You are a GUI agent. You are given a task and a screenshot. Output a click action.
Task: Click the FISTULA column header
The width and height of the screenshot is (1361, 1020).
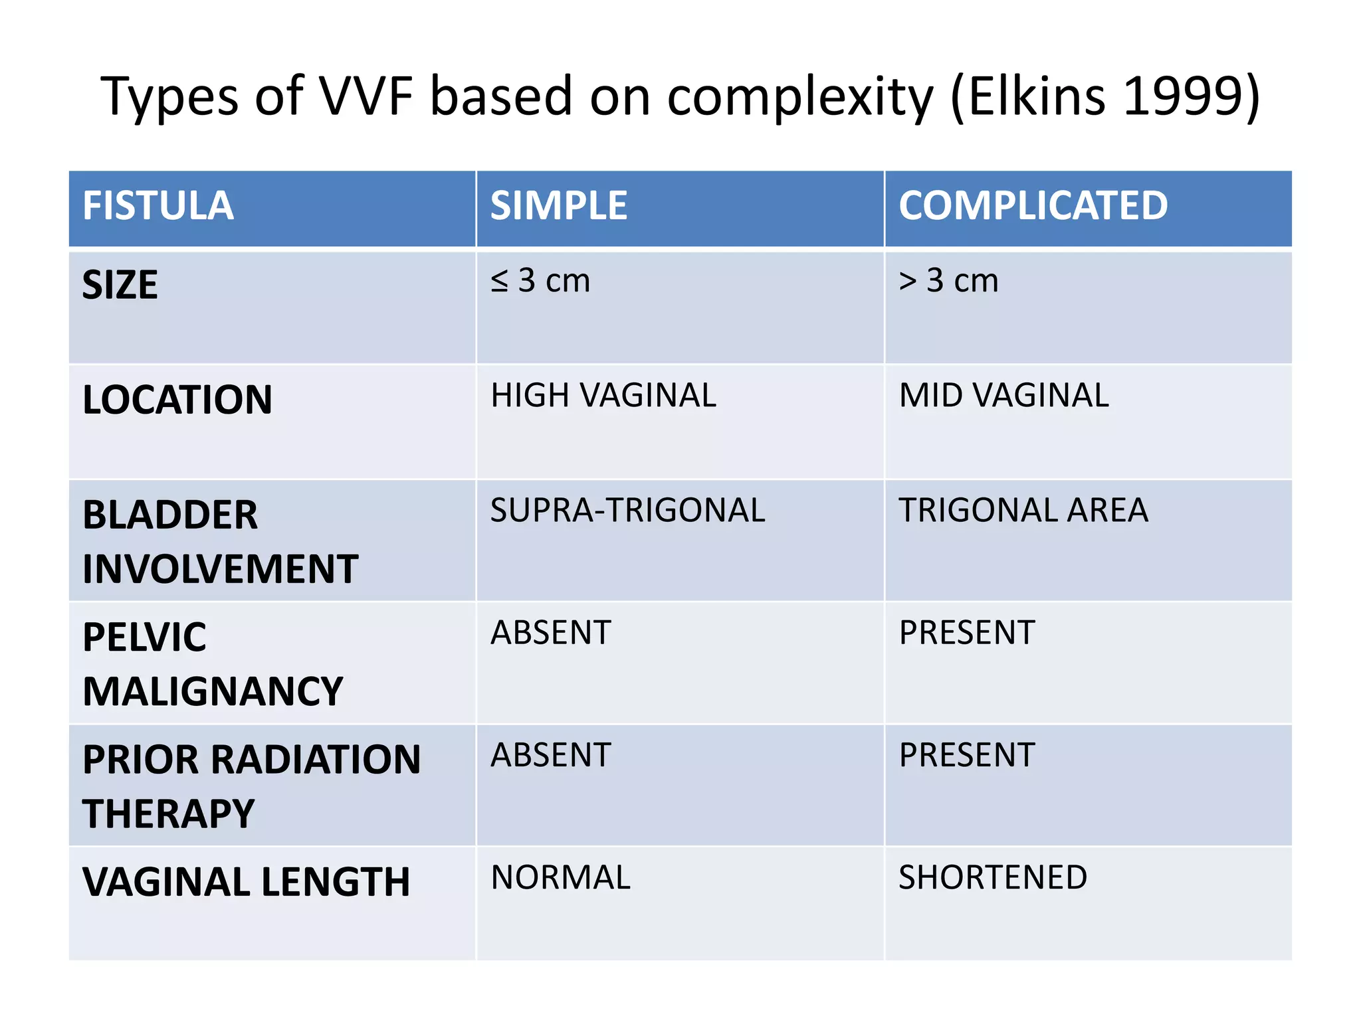[157, 206]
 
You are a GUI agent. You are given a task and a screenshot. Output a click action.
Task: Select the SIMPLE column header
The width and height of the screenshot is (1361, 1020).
[558, 206]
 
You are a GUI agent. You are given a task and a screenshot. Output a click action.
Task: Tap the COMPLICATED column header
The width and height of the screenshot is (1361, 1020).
[1033, 206]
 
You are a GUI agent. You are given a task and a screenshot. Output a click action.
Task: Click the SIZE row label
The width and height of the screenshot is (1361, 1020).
[120, 286]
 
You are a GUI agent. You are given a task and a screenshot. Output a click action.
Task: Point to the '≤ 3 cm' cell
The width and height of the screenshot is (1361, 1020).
[540, 281]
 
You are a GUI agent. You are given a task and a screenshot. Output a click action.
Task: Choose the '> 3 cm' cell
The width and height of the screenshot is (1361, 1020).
[948, 281]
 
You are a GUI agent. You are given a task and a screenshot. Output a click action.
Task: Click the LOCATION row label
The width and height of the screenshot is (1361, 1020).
[177, 400]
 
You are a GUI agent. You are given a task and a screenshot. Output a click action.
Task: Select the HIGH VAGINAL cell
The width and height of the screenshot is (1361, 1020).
[603, 396]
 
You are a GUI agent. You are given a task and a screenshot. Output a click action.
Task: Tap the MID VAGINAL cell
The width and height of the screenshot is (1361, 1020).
[1003, 396]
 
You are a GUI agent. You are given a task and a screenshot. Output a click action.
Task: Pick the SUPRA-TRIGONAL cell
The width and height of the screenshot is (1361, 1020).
[627, 511]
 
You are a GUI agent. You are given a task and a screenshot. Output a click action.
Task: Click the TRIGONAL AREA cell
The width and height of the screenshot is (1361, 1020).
[1023, 511]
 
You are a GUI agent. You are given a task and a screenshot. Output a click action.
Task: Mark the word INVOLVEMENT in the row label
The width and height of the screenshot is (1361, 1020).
[220, 570]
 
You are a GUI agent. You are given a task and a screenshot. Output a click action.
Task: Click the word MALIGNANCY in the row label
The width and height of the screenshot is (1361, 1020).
[213, 692]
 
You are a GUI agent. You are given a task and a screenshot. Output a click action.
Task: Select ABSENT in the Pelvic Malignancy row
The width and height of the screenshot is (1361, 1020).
[550, 633]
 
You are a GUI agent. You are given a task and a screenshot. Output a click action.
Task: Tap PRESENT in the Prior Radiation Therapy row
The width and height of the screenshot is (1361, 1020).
[967, 756]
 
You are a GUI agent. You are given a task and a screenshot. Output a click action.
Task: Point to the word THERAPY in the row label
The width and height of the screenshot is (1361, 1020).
[168, 814]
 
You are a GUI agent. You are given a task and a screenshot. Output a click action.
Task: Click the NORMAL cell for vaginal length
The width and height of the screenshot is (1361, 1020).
[560, 878]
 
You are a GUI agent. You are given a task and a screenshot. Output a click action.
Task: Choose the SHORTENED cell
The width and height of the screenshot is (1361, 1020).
[993, 878]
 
